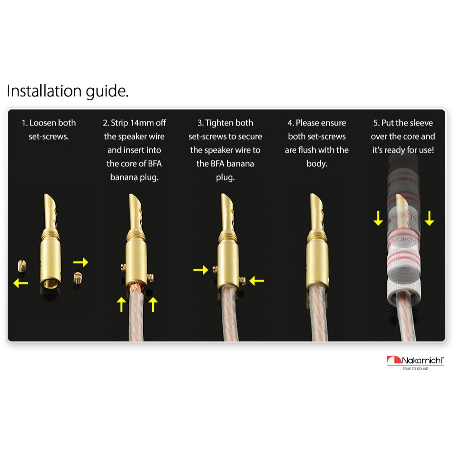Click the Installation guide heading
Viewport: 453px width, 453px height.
pos(67,92)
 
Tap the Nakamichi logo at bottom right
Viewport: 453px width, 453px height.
pos(415,362)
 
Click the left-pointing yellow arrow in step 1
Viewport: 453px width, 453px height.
pos(21,283)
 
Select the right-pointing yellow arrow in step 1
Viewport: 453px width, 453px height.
pos(81,262)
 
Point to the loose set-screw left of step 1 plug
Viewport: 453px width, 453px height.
pos(22,266)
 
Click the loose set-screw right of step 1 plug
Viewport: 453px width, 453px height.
pos(78,278)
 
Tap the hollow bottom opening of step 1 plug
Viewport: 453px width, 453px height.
pos(51,283)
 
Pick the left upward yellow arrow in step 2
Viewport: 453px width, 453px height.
pos(121,304)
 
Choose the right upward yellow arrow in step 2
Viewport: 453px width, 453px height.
pos(153,304)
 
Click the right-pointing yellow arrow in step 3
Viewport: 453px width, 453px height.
pos(201,270)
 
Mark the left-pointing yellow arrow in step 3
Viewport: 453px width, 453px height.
pos(256,280)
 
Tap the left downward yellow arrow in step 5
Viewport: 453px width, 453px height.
pos(378,218)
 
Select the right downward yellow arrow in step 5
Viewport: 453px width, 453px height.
pos(429,218)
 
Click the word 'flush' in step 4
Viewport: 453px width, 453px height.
pos(315,150)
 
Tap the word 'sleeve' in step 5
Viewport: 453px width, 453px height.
pos(421,123)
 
